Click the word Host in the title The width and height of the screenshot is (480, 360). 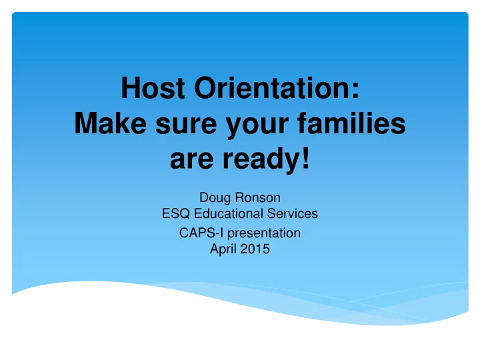[153, 88]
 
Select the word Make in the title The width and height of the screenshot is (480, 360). [111, 123]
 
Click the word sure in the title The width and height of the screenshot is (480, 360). [186, 126]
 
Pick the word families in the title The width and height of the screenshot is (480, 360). [351, 123]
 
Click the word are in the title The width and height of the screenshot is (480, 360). [191, 161]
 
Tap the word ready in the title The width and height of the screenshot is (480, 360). [261, 160]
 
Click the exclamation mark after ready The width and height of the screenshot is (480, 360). [306, 158]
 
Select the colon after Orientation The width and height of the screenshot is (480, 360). [355, 91]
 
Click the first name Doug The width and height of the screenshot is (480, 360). [215, 198]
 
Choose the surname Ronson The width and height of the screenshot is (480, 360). [258, 198]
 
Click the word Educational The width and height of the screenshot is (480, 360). [229, 213]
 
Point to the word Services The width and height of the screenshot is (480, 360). [293, 213]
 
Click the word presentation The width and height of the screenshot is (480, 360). [264, 233]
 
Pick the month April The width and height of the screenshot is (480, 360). [223, 249]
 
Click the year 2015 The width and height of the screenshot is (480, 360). [255, 249]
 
